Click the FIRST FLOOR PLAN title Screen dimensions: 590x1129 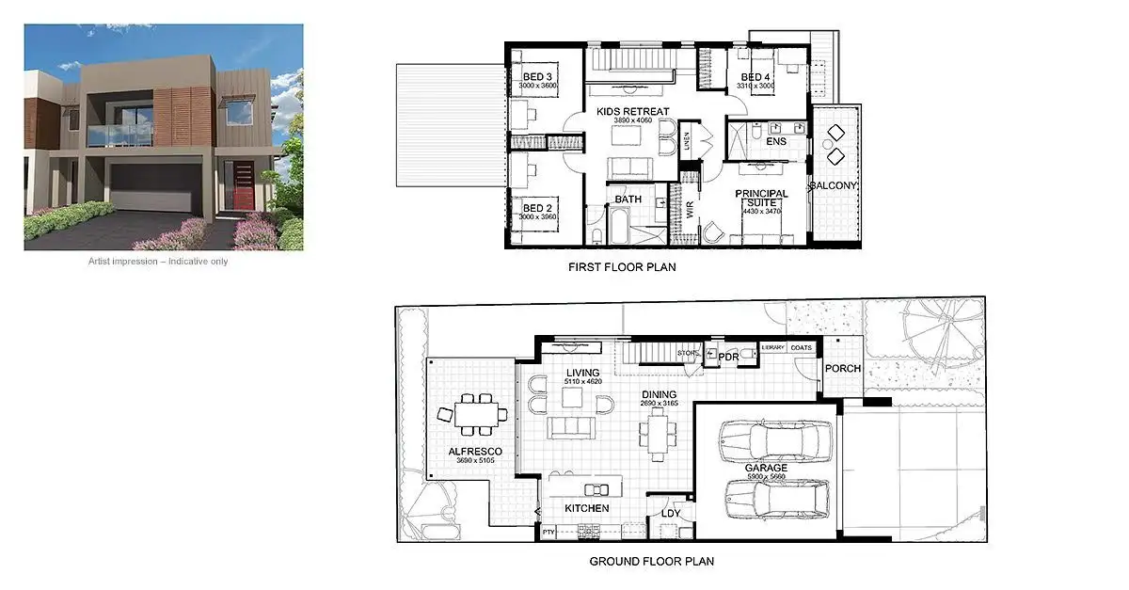[622, 267]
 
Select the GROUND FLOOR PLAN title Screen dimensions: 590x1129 [651, 562]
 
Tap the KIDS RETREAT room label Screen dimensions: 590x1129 [633, 112]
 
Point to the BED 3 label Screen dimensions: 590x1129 [537, 77]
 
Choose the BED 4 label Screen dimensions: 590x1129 [756, 77]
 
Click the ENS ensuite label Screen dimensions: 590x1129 [775, 141]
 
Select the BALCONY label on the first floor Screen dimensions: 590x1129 [834, 186]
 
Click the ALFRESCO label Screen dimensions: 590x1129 [474, 452]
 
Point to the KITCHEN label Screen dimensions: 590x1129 [586, 508]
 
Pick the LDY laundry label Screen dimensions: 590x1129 [670, 514]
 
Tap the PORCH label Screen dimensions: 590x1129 [842, 368]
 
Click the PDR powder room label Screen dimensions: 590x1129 [727, 358]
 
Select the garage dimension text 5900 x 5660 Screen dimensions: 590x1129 [766, 477]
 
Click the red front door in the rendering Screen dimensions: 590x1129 [244, 185]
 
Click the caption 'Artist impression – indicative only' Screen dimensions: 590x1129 [158, 262]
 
